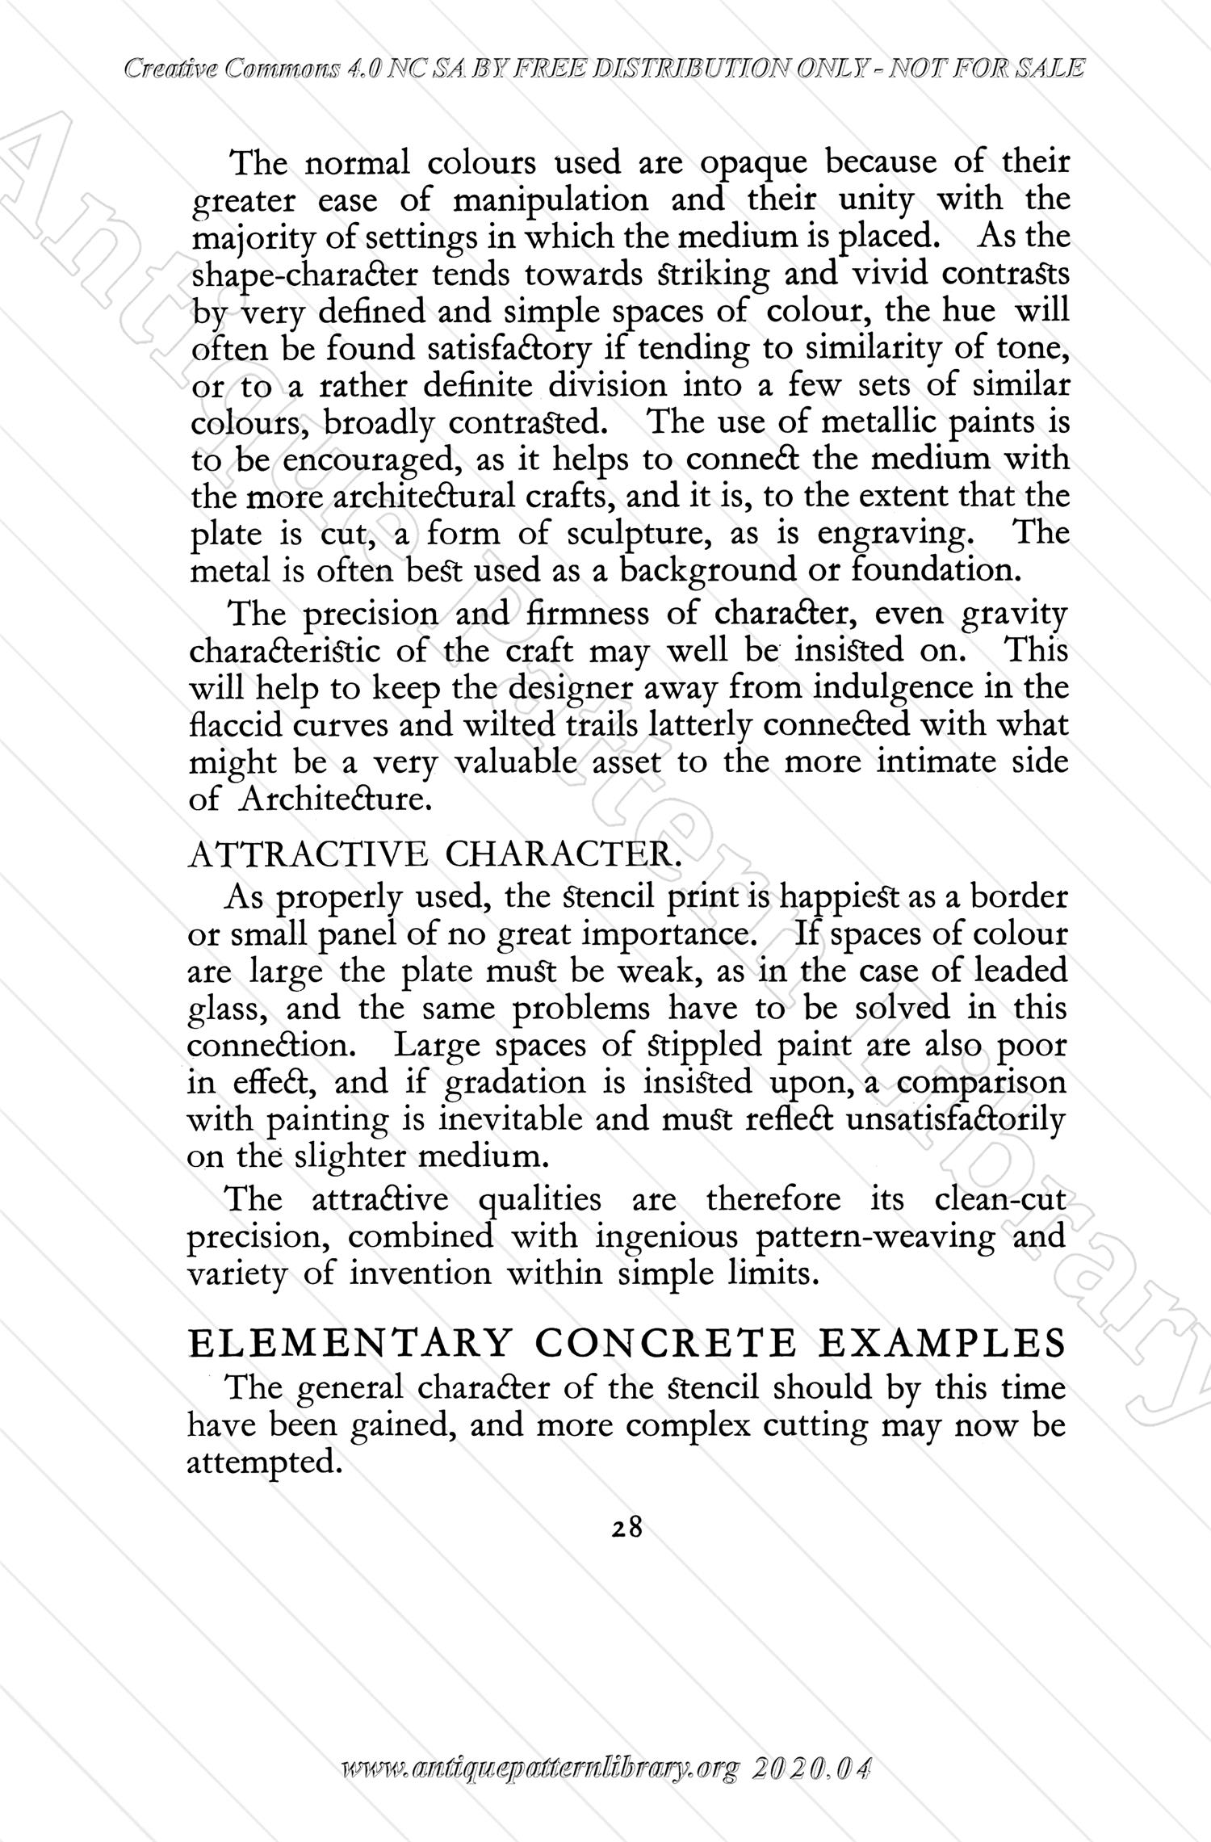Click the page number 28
626,1526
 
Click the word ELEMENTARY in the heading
350,1343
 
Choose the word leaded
1020,970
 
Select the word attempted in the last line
262,1462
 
